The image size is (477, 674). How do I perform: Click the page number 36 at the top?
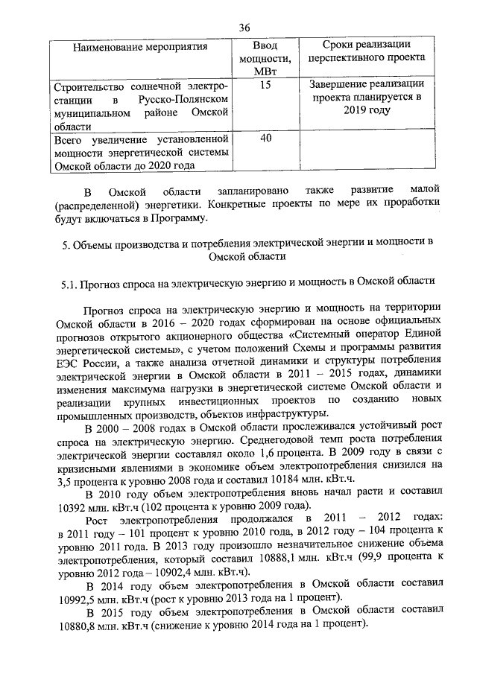(244, 28)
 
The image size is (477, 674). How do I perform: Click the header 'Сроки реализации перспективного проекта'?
(367, 51)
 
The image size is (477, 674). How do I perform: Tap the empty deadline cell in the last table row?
(367, 152)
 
